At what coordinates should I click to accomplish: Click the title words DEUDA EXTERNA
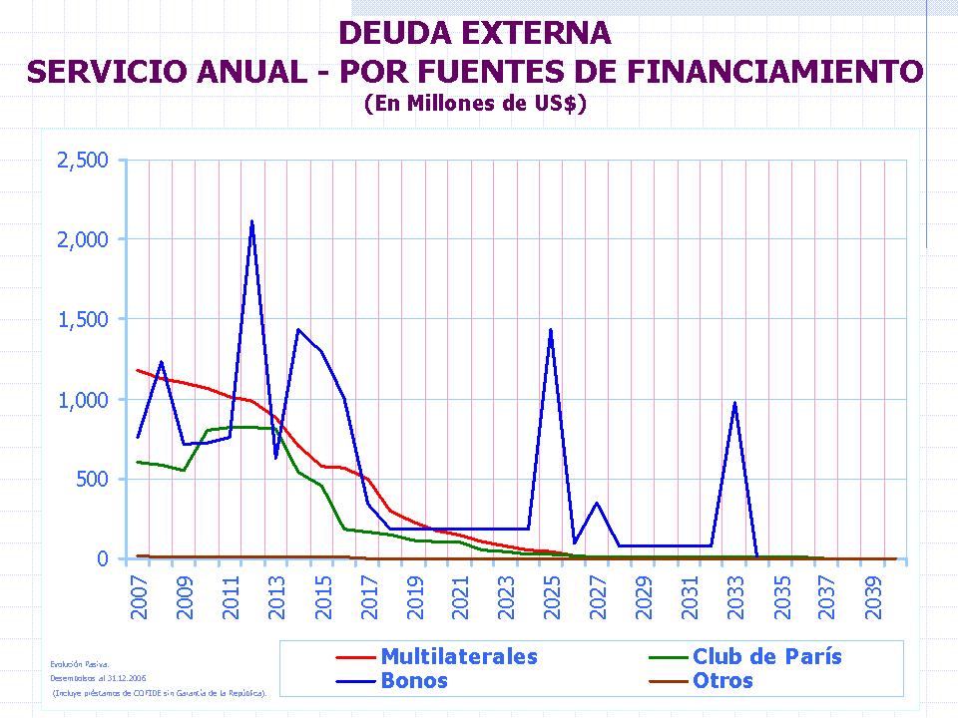pos(475,33)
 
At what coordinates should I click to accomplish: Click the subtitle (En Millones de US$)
pos(475,102)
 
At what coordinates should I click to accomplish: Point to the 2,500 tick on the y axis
pos(84,160)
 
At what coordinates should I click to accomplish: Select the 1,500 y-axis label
pos(84,319)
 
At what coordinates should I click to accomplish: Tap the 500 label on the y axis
pos(91,479)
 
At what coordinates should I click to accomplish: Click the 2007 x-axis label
pos(140,594)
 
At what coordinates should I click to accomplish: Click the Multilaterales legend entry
pos(458,656)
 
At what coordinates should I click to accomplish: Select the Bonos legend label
pos(414,681)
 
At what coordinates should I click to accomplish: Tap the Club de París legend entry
pos(766,656)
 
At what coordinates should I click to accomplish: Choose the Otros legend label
pos(722,681)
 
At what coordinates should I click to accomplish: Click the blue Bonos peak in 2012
pos(251,221)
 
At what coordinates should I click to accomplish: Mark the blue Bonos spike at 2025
pos(551,329)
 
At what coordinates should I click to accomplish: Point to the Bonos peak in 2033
pos(734,403)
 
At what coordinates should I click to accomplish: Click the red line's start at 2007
pos(138,370)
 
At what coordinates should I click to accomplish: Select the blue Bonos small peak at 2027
pos(597,503)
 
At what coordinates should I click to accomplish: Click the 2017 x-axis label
pos(369,594)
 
